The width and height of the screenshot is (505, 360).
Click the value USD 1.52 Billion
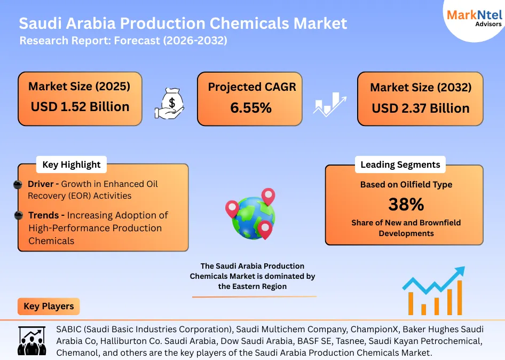(80, 106)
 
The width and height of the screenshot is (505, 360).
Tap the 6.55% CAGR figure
(251, 108)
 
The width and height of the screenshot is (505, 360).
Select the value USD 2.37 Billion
(420, 108)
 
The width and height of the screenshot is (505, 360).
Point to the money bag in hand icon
(170, 102)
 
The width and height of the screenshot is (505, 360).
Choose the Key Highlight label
(71, 165)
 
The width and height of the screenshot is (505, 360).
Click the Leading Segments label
(400, 165)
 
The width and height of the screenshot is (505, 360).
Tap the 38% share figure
(406, 204)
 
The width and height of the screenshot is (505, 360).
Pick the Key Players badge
(49, 307)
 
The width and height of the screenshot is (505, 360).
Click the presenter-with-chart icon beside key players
(32, 340)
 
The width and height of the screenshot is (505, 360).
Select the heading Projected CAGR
(251, 87)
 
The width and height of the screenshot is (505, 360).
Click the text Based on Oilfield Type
(406, 184)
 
